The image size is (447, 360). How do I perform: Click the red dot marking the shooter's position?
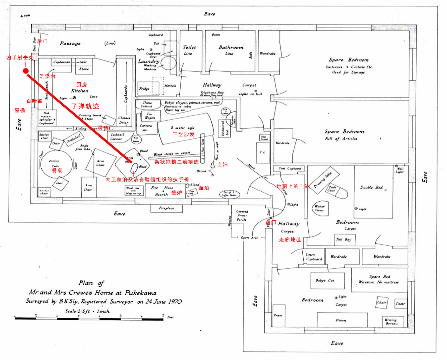coord(26,71)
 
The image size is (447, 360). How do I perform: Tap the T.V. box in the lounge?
coord(262,153)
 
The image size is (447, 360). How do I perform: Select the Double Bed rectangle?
coord(374,192)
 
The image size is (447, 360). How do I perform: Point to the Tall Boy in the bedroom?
coord(343,239)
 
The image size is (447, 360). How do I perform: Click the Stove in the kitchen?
coord(84,69)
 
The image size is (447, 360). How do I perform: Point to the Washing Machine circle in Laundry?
coord(167,64)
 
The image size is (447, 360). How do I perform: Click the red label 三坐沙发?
coord(183,134)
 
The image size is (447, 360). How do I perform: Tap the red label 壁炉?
coord(177,193)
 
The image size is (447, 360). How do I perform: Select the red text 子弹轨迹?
coord(85,106)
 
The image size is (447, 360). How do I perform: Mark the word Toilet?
coord(189,47)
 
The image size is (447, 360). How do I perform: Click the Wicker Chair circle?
coord(319,208)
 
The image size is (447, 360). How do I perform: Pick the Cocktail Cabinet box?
coord(117,136)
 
